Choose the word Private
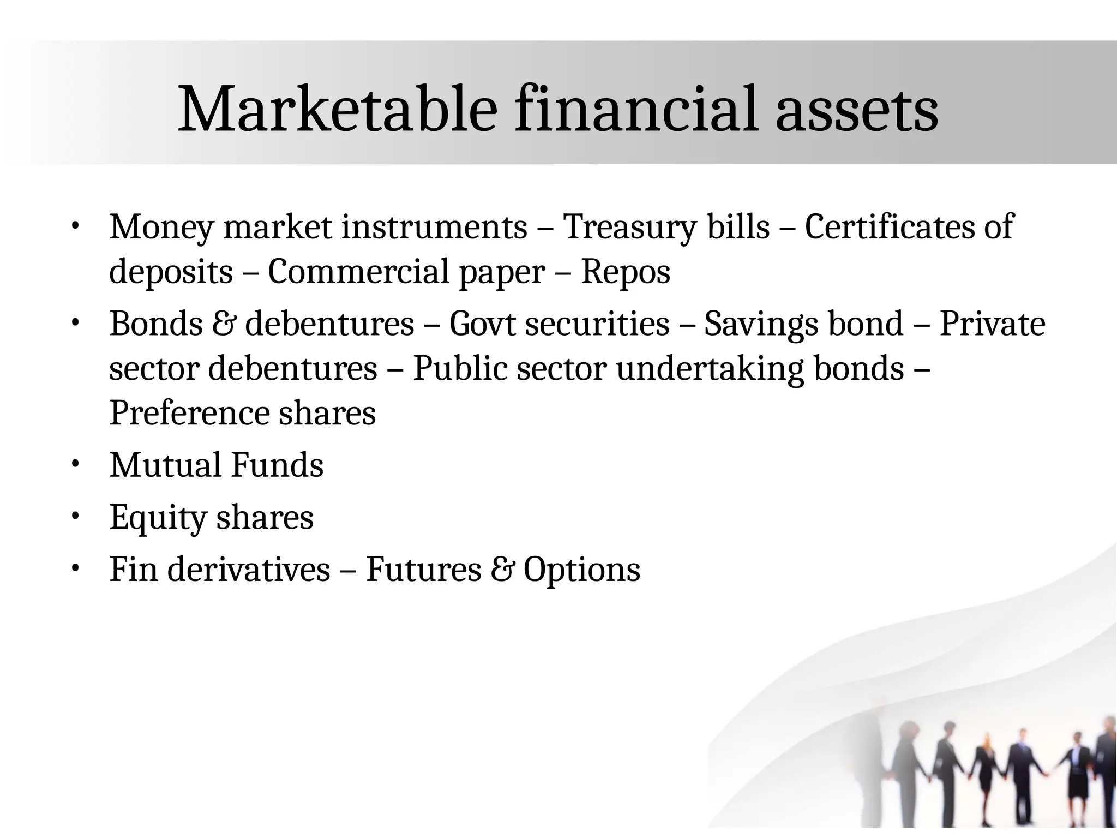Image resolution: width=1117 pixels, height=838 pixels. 992,324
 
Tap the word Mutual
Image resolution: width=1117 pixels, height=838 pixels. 165,465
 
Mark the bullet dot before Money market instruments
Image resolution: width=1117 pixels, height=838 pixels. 75,226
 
